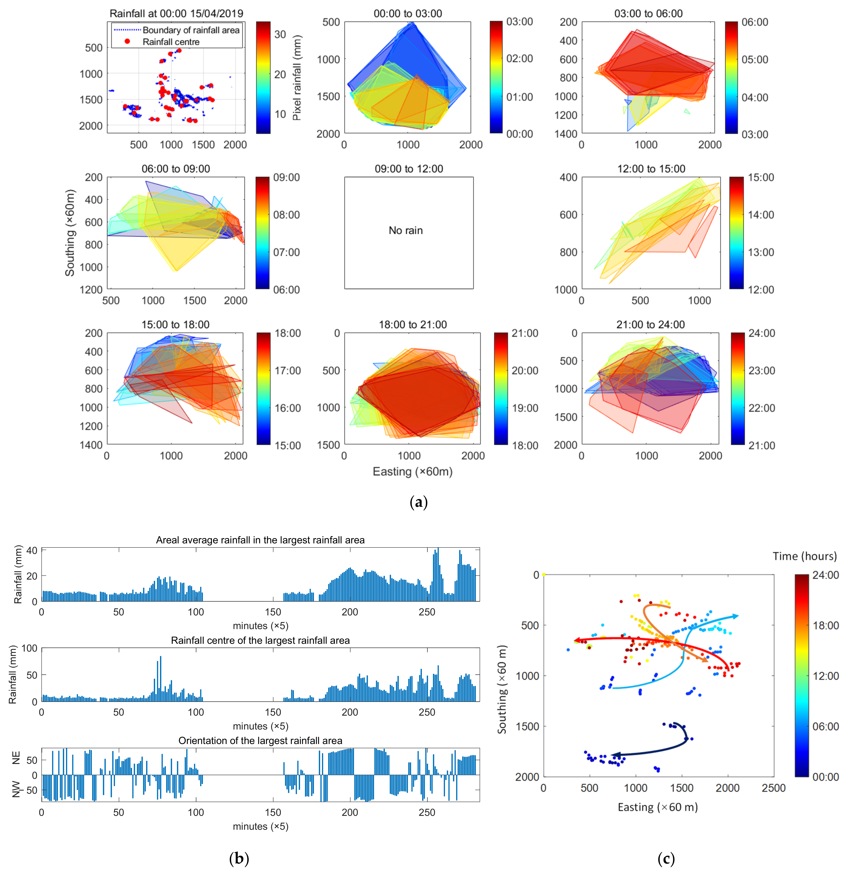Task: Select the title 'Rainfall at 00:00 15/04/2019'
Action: [176, 13]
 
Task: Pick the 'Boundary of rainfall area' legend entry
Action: [191, 30]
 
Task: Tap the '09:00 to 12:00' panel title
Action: [409, 169]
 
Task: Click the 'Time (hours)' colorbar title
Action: [805, 556]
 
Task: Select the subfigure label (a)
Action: [418, 502]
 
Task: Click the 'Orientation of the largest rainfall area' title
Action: [260, 740]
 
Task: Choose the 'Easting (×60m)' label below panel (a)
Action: [412, 472]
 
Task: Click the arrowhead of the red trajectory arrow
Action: [576, 640]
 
